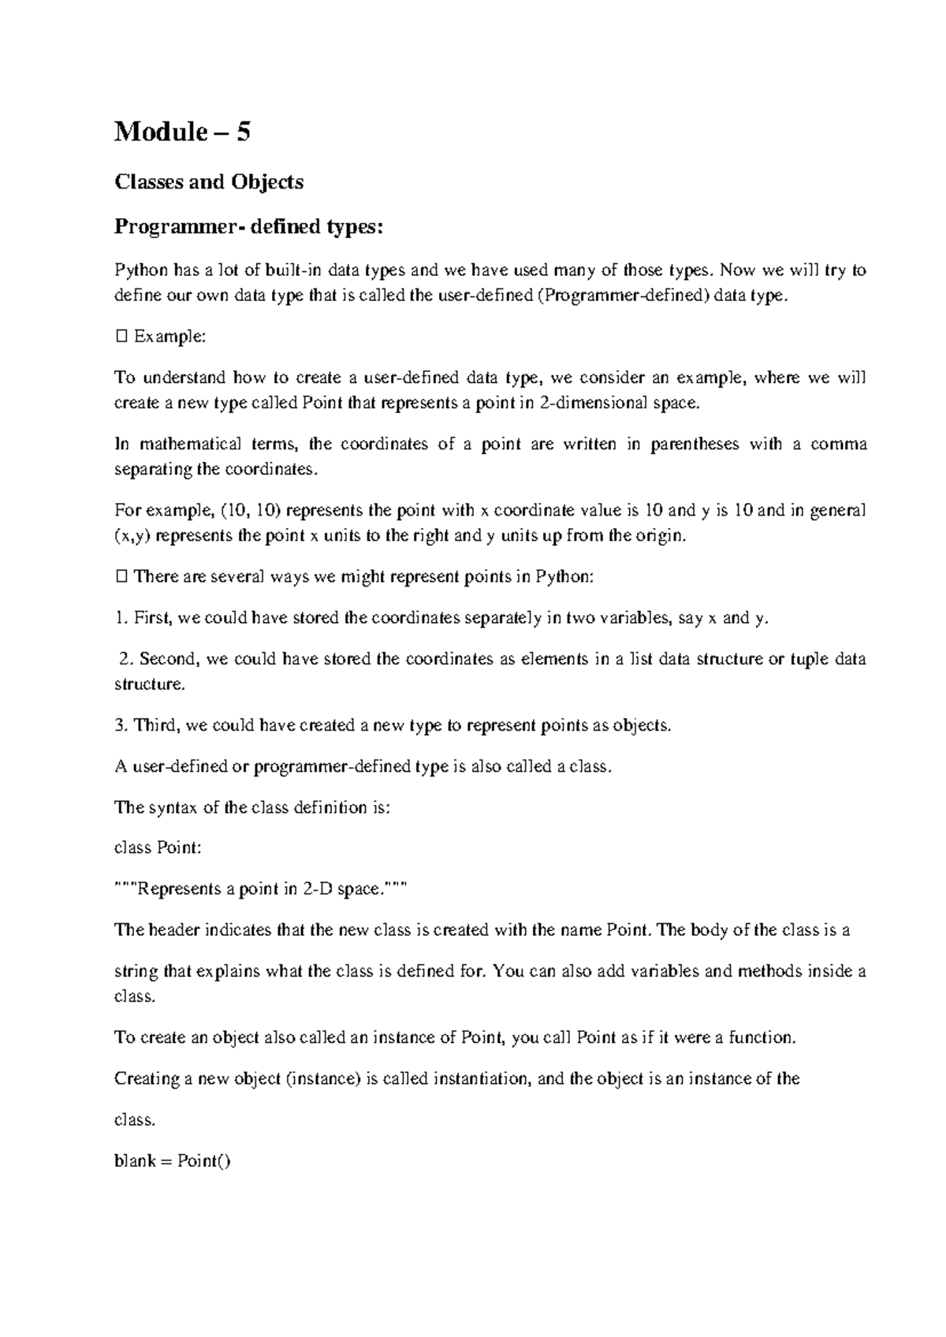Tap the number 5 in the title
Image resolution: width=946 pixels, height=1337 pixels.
(244, 132)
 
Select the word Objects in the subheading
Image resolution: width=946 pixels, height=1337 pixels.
(266, 182)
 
